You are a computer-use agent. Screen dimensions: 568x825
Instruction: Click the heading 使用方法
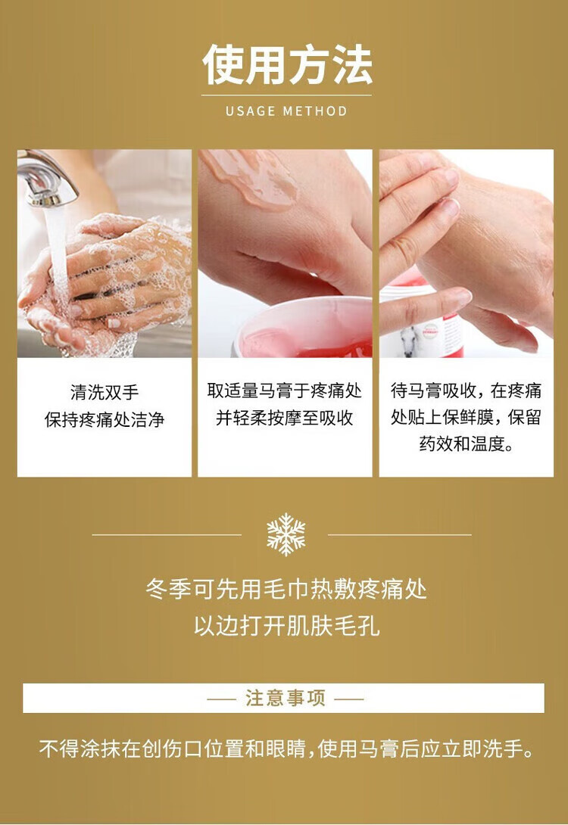[287, 64]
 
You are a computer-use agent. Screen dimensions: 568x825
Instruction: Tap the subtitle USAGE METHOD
[286, 111]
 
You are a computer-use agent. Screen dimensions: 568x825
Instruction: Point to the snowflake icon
[286, 534]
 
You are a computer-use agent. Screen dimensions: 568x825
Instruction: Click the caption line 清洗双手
[105, 392]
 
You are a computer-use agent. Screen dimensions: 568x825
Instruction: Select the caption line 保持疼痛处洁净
[105, 419]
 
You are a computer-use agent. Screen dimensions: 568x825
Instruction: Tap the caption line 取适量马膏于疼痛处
[284, 391]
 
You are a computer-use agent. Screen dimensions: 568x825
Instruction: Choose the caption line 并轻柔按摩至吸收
[284, 418]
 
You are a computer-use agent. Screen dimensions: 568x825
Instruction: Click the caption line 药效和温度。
[467, 444]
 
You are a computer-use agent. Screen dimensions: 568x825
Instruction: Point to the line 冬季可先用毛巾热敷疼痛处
[286, 589]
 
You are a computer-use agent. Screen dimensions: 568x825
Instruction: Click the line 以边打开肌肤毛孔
[286, 626]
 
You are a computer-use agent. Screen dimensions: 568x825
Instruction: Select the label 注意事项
[286, 698]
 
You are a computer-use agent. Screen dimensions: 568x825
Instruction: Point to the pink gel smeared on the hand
[250, 178]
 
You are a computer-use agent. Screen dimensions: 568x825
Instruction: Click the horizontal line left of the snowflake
[167, 535]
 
